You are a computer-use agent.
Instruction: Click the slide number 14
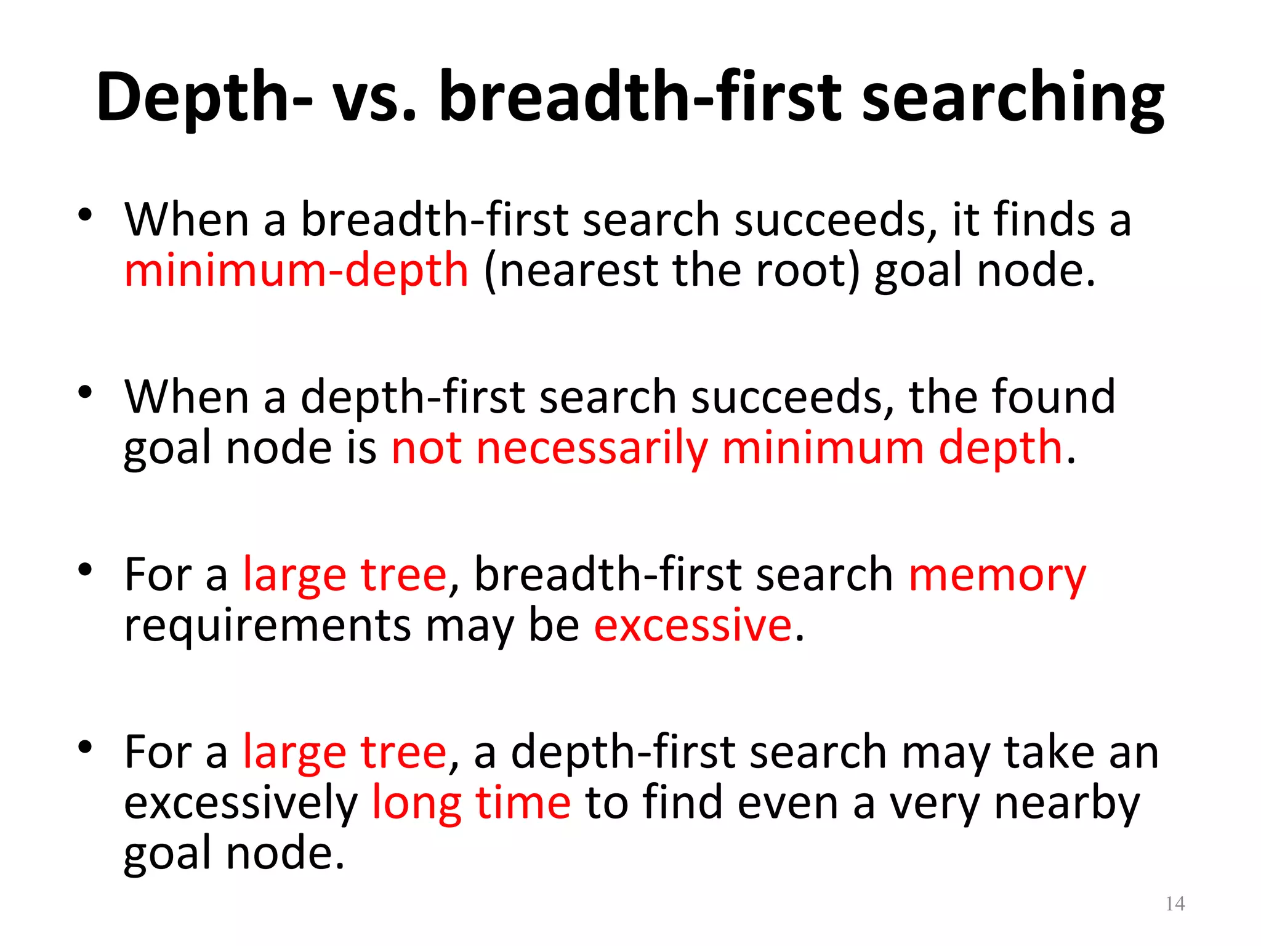click(1175, 904)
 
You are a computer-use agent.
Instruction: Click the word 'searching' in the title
click(1013, 99)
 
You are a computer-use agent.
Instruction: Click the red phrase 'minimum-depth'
click(296, 271)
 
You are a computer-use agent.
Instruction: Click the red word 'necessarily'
click(592, 448)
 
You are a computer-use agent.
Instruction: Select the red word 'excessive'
click(693, 626)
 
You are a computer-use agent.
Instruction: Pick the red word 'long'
click(417, 804)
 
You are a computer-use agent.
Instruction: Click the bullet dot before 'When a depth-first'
click(85, 392)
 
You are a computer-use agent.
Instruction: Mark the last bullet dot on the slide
click(85, 747)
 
